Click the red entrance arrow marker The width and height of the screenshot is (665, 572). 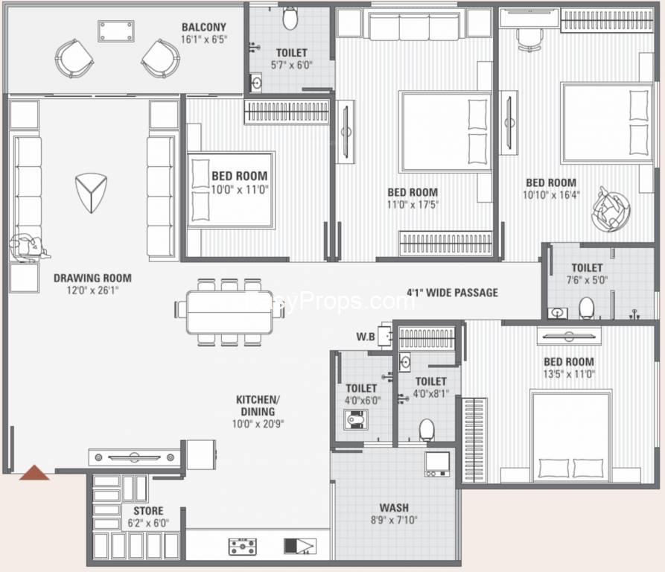pyautogui.click(x=34, y=472)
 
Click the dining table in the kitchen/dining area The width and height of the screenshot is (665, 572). pyautogui.click(x=229, y=311)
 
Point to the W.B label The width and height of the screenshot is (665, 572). pyautogui.click(x=365, y=337)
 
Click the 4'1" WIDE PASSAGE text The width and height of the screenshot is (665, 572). pyautogui.click(x=452, y=293)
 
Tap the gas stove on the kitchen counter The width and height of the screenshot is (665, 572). pyautogui.click(x=243, y=547)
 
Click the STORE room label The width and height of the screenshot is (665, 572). pyautogui.click(x=148, y=512)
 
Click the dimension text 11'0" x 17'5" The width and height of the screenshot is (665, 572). pyautogui.click(x=413, y=204)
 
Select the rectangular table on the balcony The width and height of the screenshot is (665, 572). pyautogui.click(x=115, y=31)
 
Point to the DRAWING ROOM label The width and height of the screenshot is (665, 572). pyautogui.click(x=92, y=278)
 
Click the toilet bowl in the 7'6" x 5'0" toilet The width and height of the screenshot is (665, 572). pyautogui.click(x=586, y=307)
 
